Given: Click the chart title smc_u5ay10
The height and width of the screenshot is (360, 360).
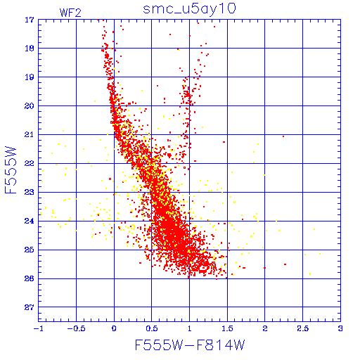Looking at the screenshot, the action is coord(189,9).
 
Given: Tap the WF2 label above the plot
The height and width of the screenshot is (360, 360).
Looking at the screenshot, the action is coord(70,13).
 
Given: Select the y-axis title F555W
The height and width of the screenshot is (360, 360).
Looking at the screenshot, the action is coord(11,170).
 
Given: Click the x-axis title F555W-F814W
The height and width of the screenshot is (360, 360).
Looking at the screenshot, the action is coord(190,345).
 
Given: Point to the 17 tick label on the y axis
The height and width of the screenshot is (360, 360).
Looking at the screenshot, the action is coord(30,20).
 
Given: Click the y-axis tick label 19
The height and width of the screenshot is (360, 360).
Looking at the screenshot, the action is coord(30,77).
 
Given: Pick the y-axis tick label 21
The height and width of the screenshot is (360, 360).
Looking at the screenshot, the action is coord(30,135).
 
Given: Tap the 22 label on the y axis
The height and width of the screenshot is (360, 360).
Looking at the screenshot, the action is coord(30,163).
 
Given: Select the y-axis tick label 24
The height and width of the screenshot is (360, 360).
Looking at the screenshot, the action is coord(30,221).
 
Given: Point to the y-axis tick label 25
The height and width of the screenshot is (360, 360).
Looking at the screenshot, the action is coord(30,250).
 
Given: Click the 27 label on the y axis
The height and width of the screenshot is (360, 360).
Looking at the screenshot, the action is coord(30,307).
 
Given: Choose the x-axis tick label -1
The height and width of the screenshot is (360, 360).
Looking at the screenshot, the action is coord(38,328).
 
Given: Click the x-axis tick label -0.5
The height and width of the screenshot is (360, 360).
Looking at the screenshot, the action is coord(76,328).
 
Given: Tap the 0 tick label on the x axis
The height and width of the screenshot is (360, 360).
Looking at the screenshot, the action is coord(114,328).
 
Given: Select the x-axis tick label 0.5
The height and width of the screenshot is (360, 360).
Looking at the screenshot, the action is coord(152,328).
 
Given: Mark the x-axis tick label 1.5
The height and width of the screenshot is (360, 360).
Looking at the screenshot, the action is coord(227,328).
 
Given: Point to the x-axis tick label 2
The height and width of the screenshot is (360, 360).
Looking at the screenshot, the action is coord(265,328).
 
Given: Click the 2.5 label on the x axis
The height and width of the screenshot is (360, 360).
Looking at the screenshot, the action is coord(303,328).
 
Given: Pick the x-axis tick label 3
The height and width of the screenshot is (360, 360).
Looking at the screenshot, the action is coord(340,328).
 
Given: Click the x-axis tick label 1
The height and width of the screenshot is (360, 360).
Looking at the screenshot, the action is coord(189,328).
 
